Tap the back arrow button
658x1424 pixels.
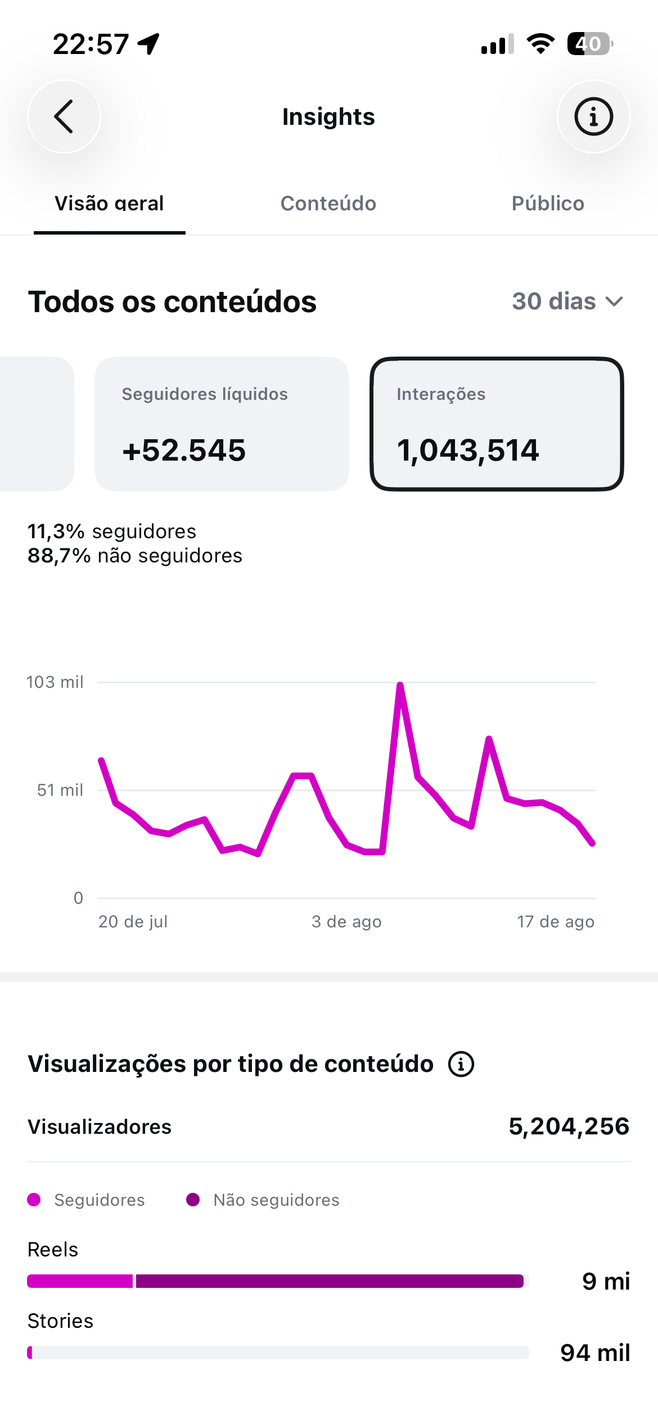tap(64, 116)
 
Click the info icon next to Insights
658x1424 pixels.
tap(593, 116)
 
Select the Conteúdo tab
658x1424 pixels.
tap(328, 204)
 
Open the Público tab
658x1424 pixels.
tap(548, 204)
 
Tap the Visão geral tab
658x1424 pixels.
tap(109, 204)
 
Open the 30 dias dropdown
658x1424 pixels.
tap(567, 301)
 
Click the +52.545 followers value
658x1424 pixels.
tap(184, 450)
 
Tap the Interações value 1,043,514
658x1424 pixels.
tap(468, 450)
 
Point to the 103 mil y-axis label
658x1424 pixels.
tap(55, 682)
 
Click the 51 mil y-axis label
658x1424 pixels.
tap(60, 790)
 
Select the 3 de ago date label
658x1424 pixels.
tap(346, 922)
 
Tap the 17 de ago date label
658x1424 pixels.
tap(556, 922)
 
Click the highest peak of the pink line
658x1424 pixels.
tap(400, 686)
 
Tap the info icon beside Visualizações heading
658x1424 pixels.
tap(461, 1064)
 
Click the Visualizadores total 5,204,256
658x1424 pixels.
tap(569, 1126)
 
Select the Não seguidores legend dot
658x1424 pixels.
tap(193, 1200)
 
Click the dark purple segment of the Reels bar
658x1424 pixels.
tap(330, 1281)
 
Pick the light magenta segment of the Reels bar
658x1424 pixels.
tap(80, 1281)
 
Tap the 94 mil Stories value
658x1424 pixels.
tap(595, 1353)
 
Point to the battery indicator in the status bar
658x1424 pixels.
tap(590, 43)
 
